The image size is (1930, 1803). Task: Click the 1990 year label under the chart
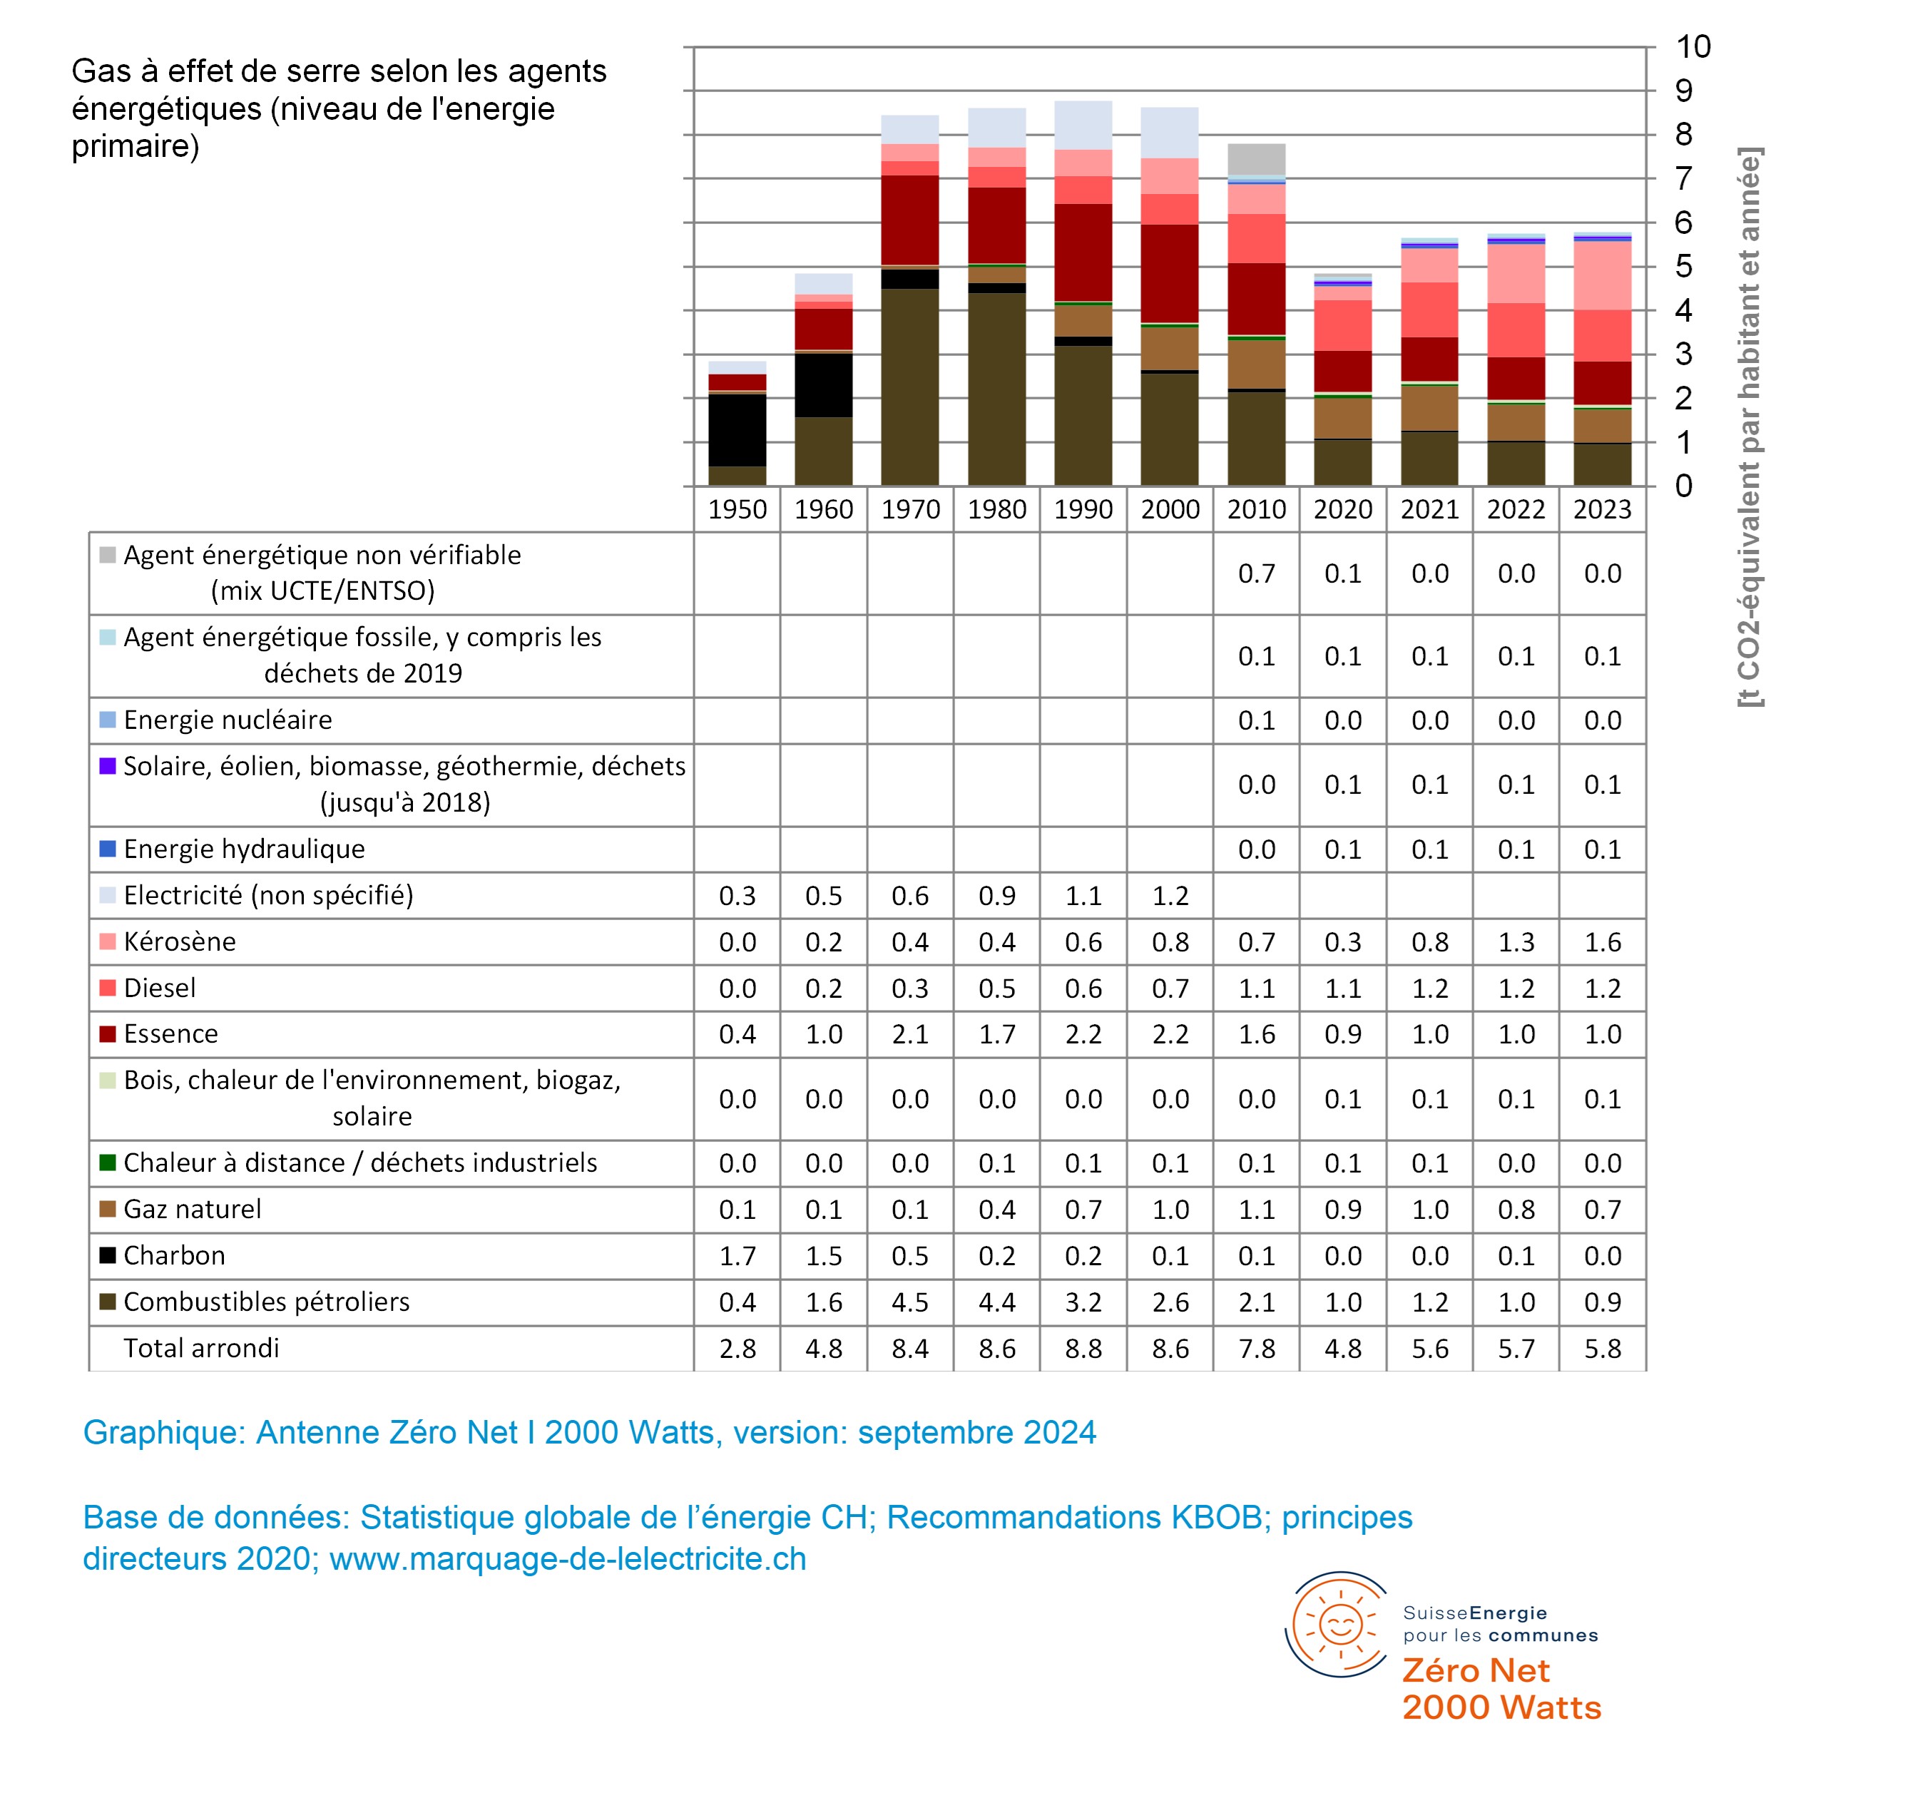(1083, 510)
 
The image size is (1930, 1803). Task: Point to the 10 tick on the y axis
(1693, 46)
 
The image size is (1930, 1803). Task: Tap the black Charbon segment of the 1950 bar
(737, 430)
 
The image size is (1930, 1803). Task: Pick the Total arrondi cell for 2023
(1602, 1349)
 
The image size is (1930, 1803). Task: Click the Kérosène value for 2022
(1516, 941)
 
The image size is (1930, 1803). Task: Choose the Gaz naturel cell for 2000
(1170, 1210)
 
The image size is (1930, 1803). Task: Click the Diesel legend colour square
(108, 987)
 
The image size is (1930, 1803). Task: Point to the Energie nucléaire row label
(228, 720)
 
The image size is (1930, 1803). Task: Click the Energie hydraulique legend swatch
(108, 849)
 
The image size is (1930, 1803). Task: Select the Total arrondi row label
(201, 1348)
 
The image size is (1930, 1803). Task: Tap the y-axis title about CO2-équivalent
(1750, 427)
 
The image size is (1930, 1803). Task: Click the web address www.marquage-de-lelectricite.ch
(568, 1558)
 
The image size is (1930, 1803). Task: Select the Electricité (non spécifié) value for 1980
(996, 895)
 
